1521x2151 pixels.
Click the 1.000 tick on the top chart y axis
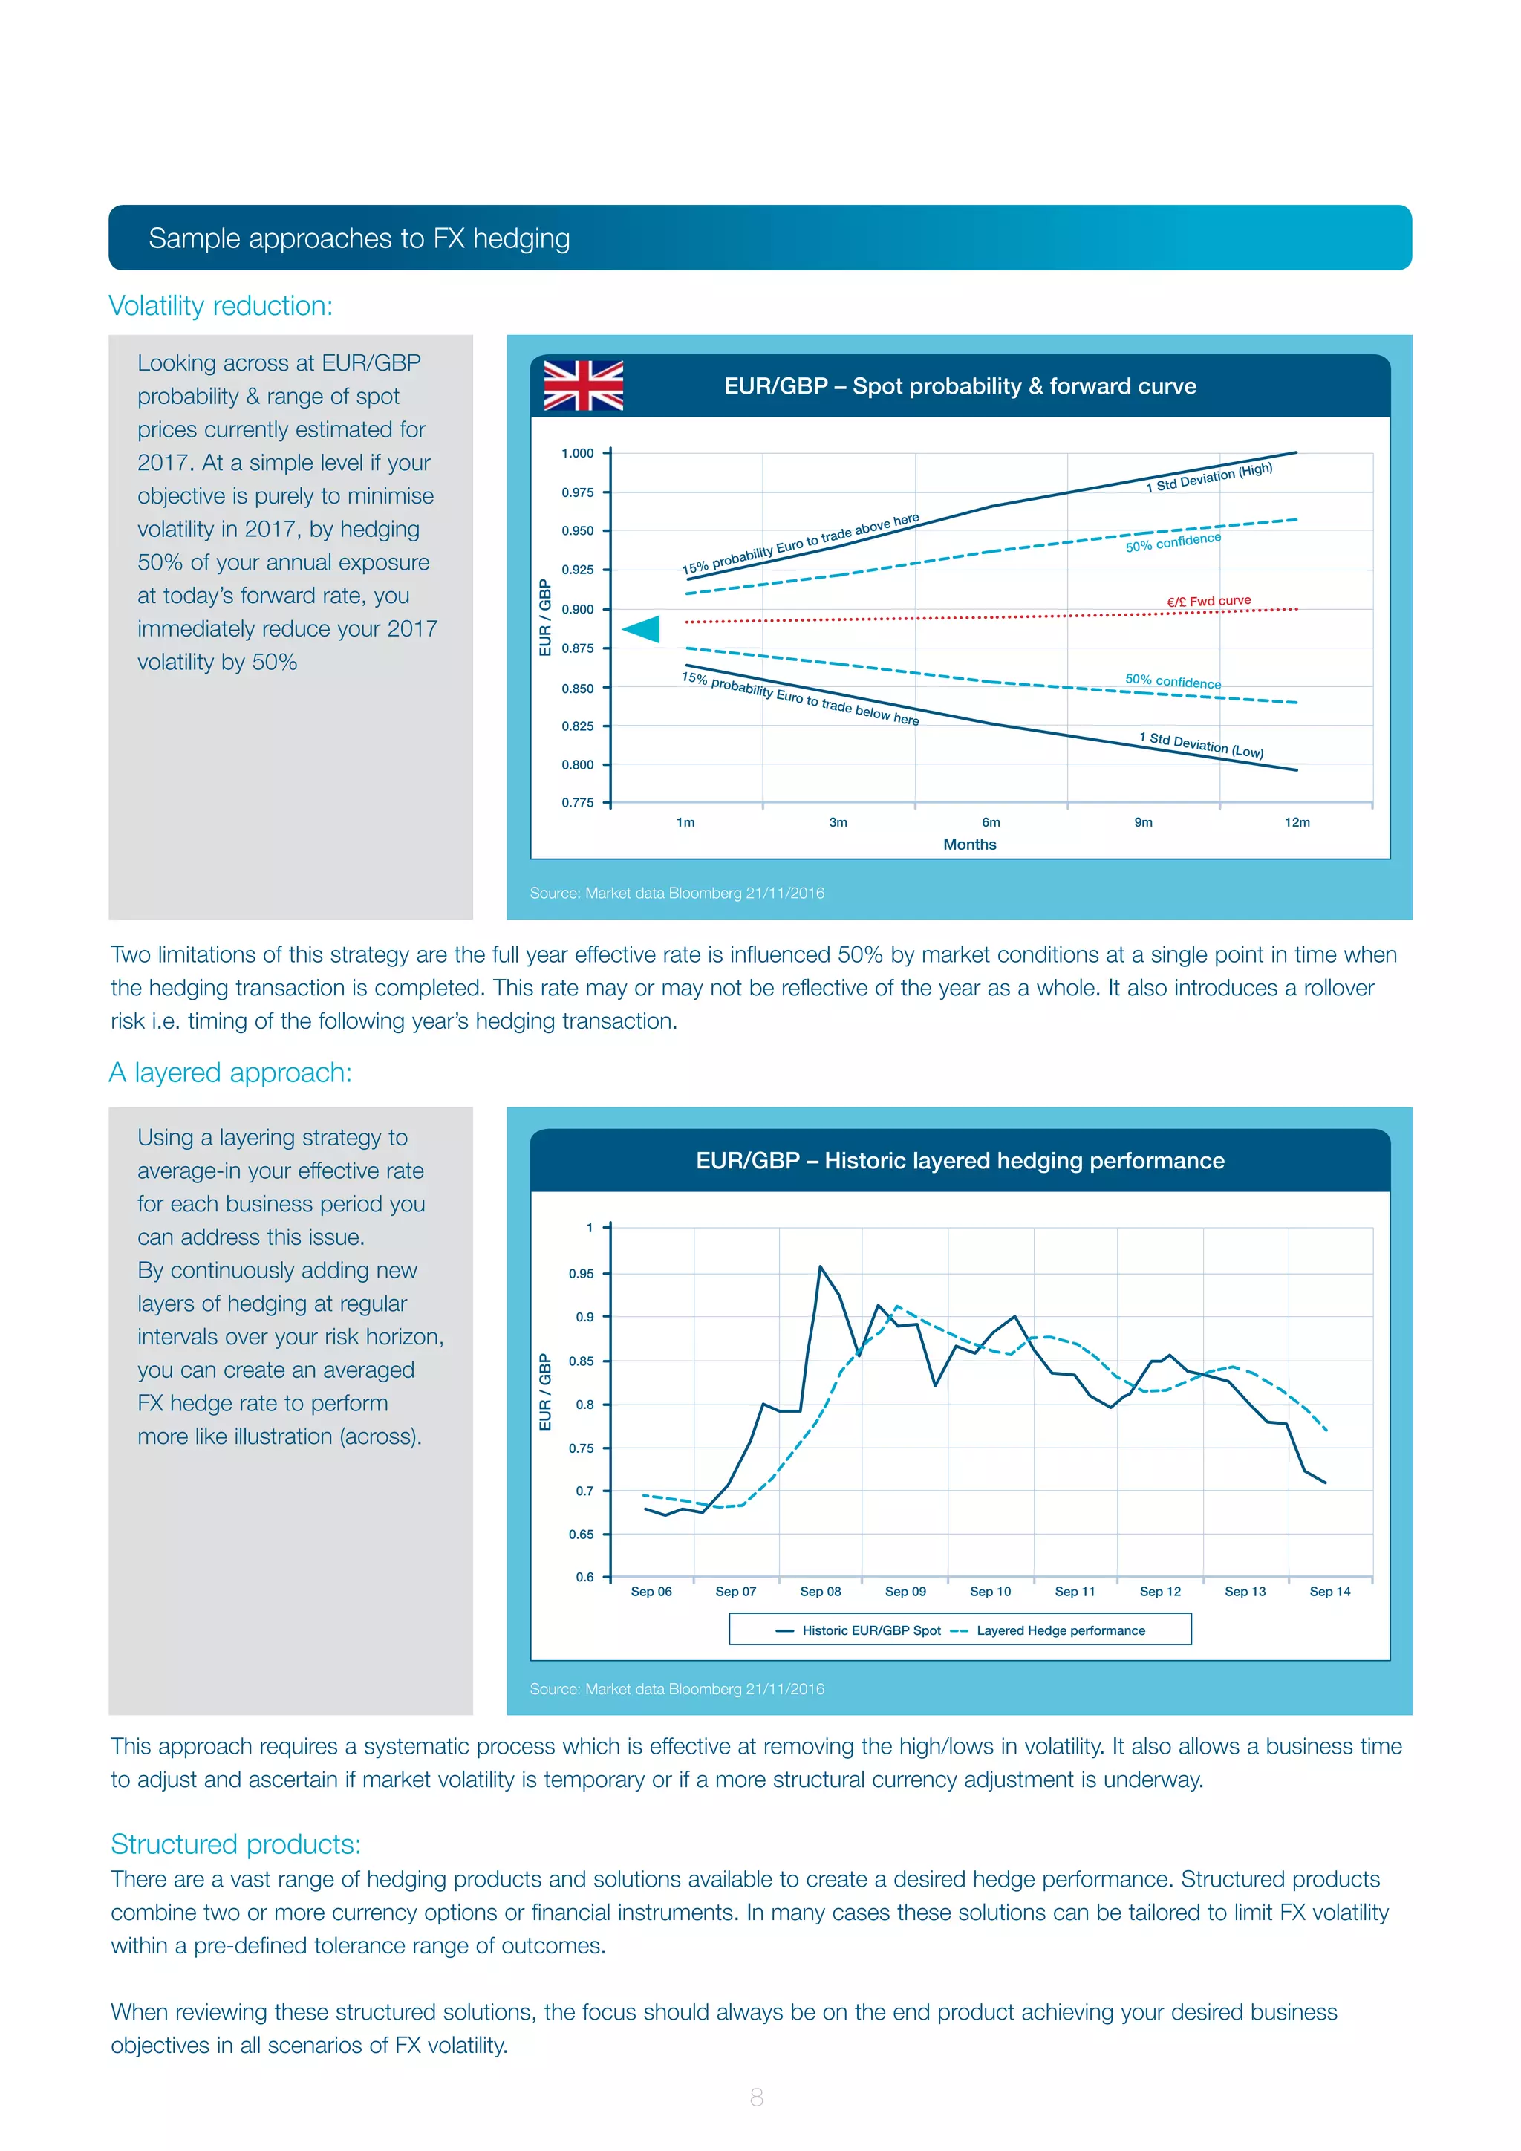[577, 453]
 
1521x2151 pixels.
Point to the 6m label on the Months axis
[991, 822]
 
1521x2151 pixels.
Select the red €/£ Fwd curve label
[1208, 601]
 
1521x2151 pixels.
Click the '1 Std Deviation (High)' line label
[1208, 477]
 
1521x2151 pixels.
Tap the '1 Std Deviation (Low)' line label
[1201, 745]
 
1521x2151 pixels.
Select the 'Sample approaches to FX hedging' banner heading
[359, 239]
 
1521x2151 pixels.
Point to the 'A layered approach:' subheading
[230, 1073]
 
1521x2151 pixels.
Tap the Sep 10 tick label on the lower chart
[990, 1592]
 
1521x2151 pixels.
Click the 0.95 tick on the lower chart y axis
[581, 1273]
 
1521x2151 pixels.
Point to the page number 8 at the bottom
[757, 2097]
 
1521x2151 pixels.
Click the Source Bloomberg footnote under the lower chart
[677, 1688]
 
